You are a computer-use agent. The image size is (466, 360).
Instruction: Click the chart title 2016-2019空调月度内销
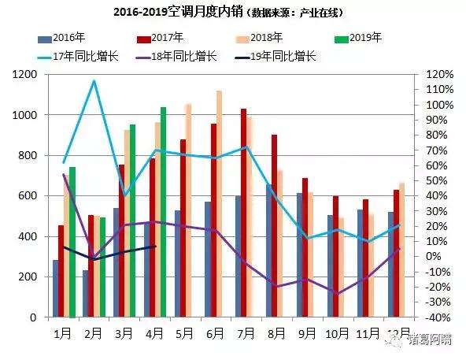pyautogui.click(x=179, y=13)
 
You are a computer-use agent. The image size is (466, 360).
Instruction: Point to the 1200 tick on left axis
pyautogui.click(x=26, y=74)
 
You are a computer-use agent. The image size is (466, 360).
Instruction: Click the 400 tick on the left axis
pyautogui.click(x=29, y=236)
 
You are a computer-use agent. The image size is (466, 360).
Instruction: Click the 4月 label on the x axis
pyautogui.click(x=154, y=333)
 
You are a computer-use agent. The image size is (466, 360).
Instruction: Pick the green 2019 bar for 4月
pyautogui.click(x=163, y=212)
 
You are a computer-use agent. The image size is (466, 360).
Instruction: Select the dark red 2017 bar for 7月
pyautogui.click(x=244, y=213)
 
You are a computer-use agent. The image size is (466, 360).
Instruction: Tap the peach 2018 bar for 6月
pyautogui.click(x=219, y=204)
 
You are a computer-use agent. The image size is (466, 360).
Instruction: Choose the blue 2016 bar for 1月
pyautogui.click(x=56, y=288)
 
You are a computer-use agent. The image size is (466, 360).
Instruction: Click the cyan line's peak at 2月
pyautogui.click(x=94, y=80)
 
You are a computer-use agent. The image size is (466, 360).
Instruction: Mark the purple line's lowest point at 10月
pyautogui.click(x=337, y=294)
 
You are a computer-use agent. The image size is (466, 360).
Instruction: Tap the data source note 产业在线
pyautogui.click(x=320, y=13)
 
